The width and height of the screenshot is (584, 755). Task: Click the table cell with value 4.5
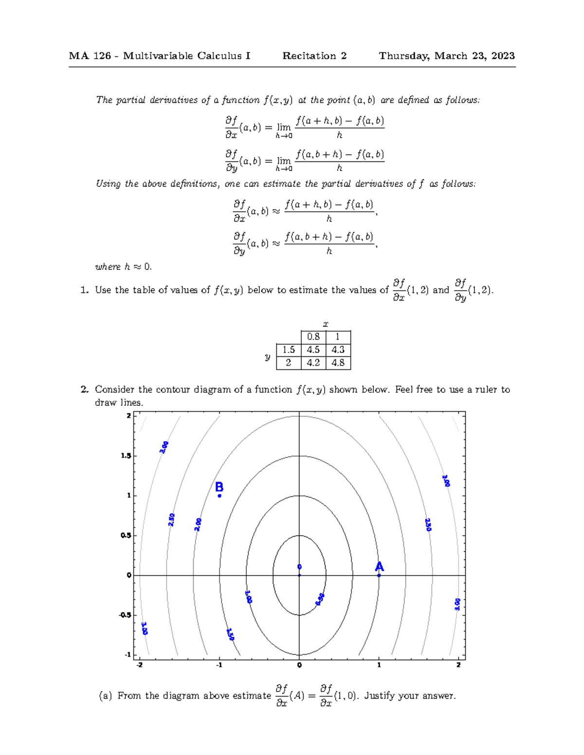(x=313, y=350)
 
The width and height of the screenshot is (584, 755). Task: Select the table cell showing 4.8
(x=338, y=363)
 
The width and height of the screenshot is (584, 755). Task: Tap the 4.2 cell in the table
(x=313, y=363)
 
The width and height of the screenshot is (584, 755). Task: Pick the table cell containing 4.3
(x=338, y=350)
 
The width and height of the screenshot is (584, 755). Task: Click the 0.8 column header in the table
(x=313, y=337)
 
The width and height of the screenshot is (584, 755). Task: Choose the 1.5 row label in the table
(x=289, y=350)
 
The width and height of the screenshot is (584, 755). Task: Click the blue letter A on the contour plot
(x=379, y=567)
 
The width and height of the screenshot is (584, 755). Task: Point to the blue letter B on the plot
(x=219, y=487)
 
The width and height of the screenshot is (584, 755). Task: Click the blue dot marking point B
(x=219, y=496)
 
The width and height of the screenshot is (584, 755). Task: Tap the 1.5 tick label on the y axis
(x=126, y=456)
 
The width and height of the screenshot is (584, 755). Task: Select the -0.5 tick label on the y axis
(x=125, y=615)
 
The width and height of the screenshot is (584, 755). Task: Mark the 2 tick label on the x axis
(x=458, y=665)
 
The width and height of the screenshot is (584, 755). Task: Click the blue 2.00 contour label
(x=198, y=525)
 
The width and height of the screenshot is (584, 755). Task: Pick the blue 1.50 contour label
(x=231, y=634)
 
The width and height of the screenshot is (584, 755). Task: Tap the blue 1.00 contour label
(x=248, y=597)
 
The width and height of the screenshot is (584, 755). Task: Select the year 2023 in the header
(x=503, y=56)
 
